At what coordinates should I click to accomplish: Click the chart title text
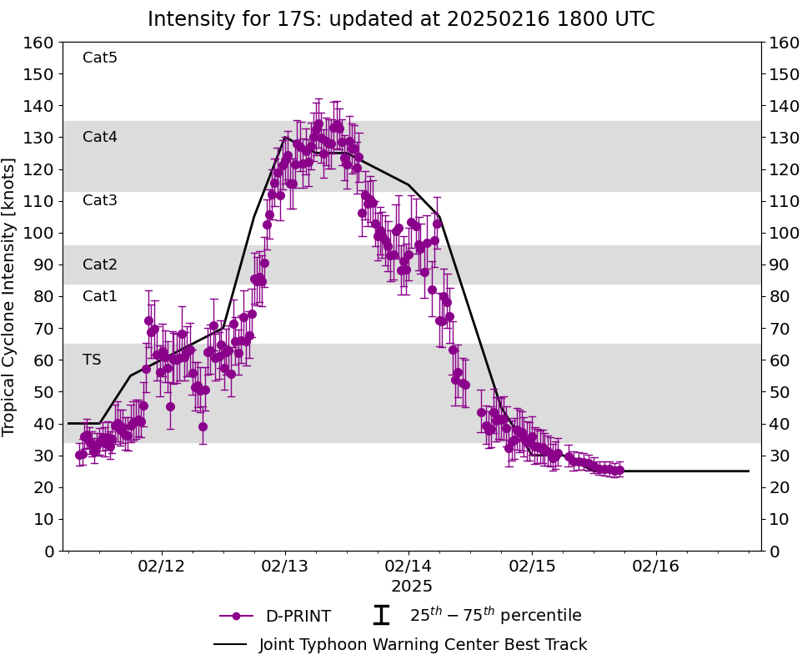(401, 19)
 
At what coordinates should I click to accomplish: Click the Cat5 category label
(100, 58)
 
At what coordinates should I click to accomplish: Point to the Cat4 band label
(100, 137)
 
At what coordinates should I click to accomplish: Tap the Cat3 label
(100, 200)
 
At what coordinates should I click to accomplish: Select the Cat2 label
(100, 265)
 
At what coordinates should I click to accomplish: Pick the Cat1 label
(100, 296)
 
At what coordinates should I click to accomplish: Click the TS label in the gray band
(92, 360)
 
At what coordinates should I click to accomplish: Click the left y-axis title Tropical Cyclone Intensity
(10, 296)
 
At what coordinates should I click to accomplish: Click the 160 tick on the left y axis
(40, 43)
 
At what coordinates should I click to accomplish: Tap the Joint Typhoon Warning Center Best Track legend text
(423, 644)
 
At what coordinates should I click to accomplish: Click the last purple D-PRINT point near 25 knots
(619, 471)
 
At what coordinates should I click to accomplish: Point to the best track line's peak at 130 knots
(285, 138)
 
